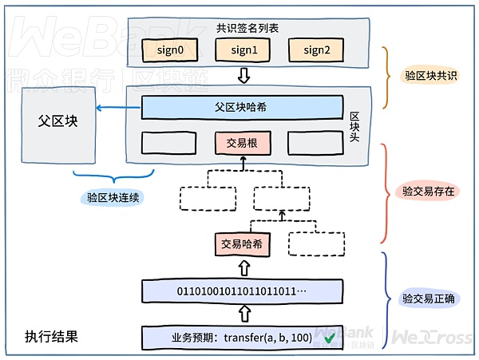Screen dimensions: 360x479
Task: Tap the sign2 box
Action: click(316, 50)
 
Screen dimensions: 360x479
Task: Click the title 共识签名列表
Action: click(247, 28)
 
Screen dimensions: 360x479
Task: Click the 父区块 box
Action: click(57, 122)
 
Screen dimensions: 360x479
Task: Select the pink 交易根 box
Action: click(242, 143)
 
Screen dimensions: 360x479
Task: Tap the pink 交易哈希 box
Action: click(242, 244)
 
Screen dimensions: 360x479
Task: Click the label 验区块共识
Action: click(430, 76)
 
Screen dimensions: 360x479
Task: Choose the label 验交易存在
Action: click(429, 192)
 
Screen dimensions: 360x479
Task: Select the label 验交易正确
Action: click(429, 299)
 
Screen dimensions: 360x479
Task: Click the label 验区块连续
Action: click(113, 197)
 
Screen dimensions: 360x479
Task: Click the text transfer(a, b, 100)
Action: click(267, 338)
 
